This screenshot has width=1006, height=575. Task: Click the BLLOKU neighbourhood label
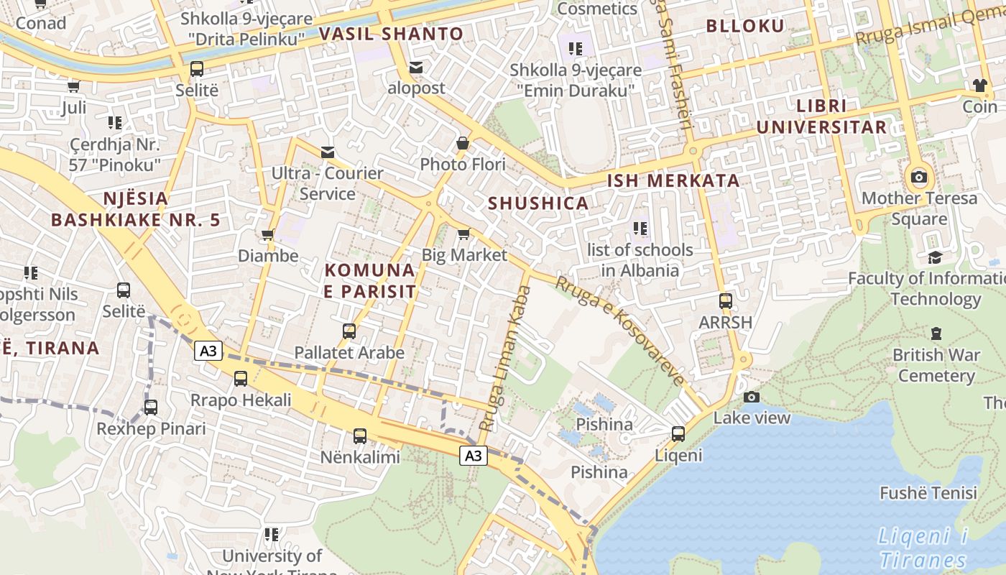745,26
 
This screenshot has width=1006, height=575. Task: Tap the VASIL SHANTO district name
391,34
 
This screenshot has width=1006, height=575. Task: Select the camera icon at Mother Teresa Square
918,177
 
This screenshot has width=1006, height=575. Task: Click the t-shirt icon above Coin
979,86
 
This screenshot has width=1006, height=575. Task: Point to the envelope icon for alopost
416,68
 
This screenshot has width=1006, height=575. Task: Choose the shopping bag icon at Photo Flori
463,144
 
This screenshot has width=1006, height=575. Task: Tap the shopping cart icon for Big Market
463,234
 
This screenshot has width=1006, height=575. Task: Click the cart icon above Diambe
268,234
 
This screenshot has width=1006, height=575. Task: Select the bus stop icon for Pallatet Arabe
349,331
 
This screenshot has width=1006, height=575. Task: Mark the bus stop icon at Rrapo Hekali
241,378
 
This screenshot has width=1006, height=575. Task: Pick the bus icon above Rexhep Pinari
151,408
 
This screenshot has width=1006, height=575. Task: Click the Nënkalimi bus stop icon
360,436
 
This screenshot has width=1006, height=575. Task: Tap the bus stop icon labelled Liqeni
678,434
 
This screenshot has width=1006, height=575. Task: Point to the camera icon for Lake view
751,397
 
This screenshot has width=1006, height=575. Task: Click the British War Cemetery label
936,365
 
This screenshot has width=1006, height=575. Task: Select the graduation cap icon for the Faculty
935,257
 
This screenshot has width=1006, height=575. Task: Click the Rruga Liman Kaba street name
505,358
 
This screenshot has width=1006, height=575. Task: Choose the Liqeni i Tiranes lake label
923,548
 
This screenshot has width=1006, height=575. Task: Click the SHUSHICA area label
538,203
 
